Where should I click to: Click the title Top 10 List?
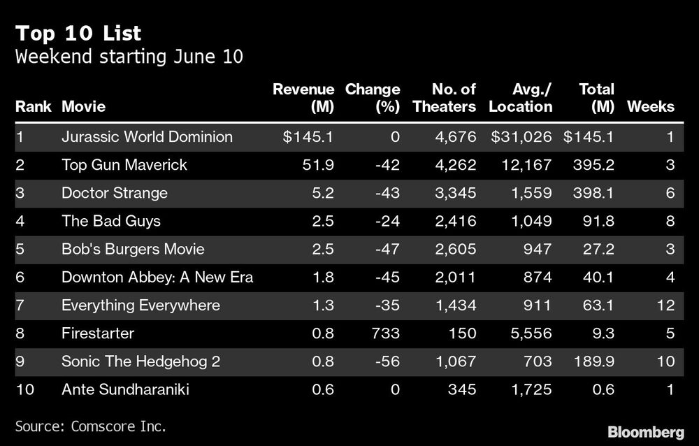pyautogui.click(x=78, y=33)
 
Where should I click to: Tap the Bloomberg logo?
pyautogui.click(x=647, y=431)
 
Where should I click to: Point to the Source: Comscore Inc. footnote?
pyautogui.click(x=91, y=426)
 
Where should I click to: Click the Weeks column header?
pyautogui.click(x=651, y=107)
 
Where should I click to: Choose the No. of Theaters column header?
pyautogui.click(x=443, y=98)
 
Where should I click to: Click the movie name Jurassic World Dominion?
pyautogui.click(x=147, y=137)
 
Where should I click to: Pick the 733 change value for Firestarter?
pyautogui.click(x=387, y=333)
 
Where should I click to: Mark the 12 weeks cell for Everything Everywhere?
pyautogui.click(x=665, y=305)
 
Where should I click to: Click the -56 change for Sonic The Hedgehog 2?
pyautogui.click(x=387, y=361)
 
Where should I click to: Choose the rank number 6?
pyautogui.click(x=20, y=278)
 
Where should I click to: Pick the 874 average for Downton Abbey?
pyautogui.click(x=537, y=278)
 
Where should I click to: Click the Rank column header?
pyautogui.click(x=33, y=107)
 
